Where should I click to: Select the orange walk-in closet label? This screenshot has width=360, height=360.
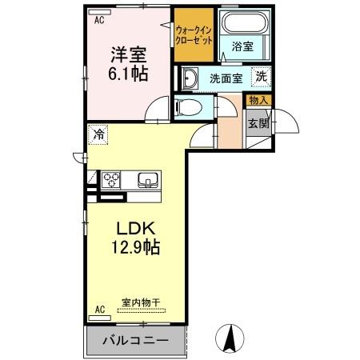193,35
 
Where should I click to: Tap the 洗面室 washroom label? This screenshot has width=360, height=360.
226,78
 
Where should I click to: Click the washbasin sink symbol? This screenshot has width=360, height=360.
192,78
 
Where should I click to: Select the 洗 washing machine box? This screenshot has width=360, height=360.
261,77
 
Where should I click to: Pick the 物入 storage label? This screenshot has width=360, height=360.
258,100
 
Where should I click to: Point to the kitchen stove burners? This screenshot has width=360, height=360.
110,178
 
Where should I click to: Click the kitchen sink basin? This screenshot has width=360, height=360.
147,178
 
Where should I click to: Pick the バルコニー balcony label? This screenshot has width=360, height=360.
135,340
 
